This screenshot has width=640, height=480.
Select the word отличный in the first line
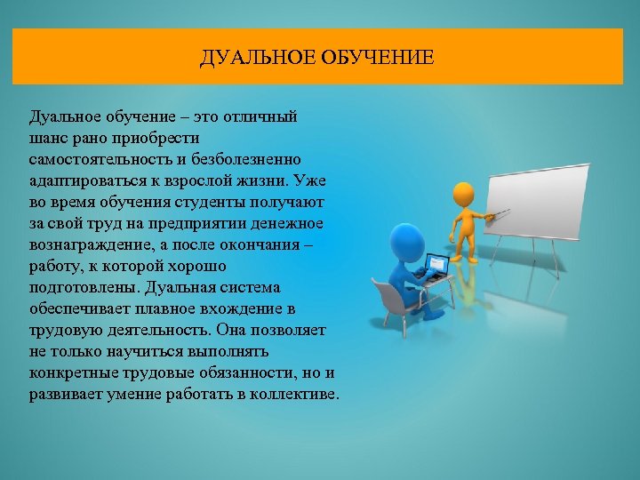pos(268,117)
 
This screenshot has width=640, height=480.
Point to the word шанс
pos(50,138)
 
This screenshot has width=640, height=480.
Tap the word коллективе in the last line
pos(295,394)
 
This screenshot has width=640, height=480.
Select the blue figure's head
pos(407,238)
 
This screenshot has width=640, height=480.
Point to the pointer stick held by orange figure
pos(496,213)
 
